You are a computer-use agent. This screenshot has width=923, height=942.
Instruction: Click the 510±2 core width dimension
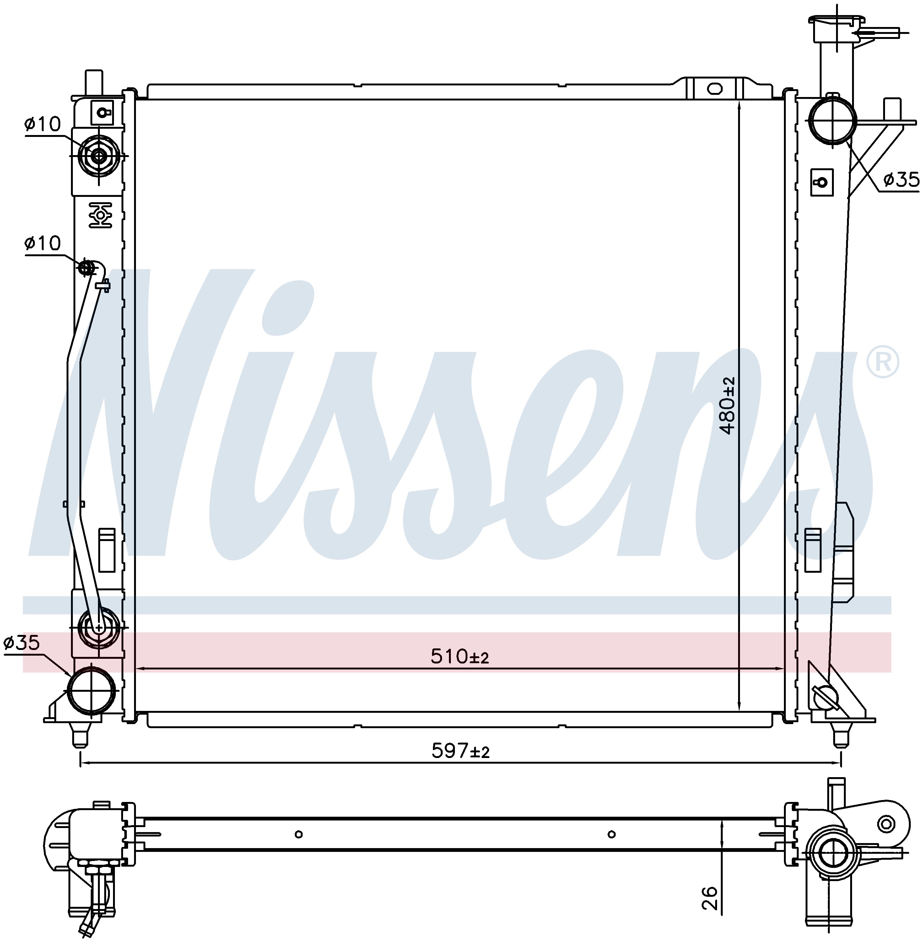click(460, 657)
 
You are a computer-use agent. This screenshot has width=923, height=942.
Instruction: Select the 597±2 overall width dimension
click(461, 751)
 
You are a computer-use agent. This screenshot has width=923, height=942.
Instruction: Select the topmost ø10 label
click(43, 125)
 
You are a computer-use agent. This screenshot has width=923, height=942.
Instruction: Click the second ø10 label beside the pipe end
click(43, 243)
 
